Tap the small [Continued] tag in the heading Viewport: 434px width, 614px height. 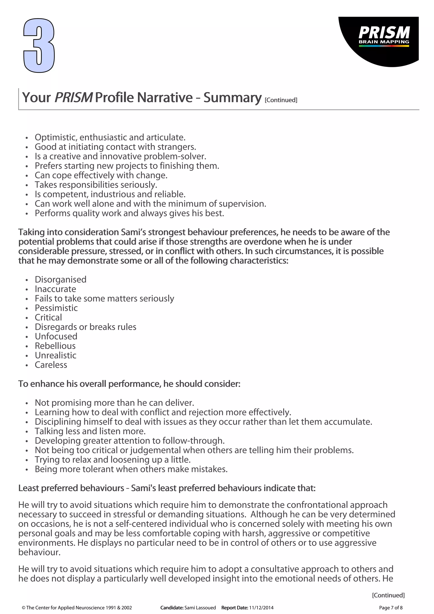tap(281, 100)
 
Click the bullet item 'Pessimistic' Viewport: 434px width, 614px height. tap(56, 308)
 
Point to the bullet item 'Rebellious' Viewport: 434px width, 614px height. tap(55, 346)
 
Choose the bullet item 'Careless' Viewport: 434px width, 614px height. tap(51, 365)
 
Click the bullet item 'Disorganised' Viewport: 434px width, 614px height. tap(60, 279)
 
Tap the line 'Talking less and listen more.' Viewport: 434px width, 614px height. tap(90, 431)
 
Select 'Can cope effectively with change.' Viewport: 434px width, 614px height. tap(101, 175)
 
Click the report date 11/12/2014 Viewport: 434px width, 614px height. tap(261, 608)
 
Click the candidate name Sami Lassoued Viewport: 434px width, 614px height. tap(200, 608)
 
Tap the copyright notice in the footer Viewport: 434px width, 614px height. tap(77, 608)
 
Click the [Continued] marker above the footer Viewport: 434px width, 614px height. tap(388, 595)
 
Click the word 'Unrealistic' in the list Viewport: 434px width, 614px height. tap(55, 355)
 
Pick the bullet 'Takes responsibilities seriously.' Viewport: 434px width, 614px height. tap(96, 185)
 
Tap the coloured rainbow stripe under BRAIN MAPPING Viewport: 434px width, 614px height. tap(384, 46)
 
